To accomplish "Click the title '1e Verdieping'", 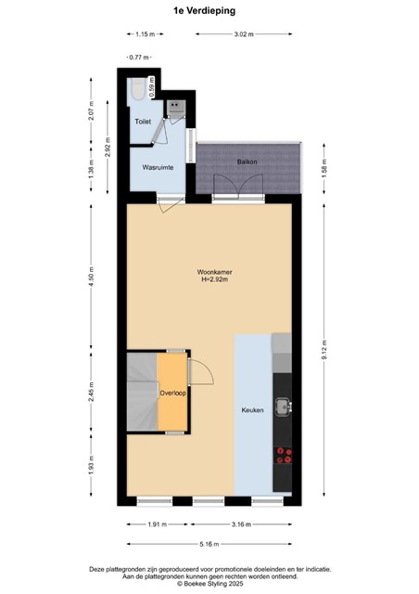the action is (204, 11).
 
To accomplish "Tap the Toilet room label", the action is (143, 122).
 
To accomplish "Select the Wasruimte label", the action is (158, 167).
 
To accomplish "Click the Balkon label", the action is (248, 161).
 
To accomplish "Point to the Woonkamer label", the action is (215, 272).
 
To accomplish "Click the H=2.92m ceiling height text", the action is (215, 280).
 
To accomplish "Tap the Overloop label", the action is (172, 394).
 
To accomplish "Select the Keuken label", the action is (252, 410).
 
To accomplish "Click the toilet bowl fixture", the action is (137, 89).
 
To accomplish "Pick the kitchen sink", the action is (283, 407).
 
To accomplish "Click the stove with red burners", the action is (284, 456).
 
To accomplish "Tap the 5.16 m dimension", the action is (209, 544).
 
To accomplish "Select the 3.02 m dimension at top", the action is (244, 34).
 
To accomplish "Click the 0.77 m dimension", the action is (139, 58).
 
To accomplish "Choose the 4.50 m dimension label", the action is (91, 277).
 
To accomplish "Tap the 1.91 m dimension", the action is (158, 524).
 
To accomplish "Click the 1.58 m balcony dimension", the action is (324, 169).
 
